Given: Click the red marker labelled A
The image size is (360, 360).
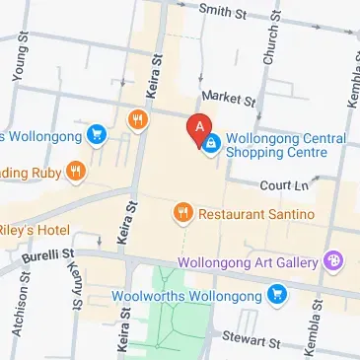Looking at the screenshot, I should point(198,127).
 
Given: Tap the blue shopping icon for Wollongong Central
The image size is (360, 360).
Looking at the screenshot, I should point(212,145).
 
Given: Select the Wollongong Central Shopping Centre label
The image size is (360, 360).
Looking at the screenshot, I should point(286,146).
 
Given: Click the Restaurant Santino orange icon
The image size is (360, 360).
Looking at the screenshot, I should point(181,213).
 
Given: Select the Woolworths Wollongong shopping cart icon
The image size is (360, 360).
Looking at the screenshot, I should point(279,294).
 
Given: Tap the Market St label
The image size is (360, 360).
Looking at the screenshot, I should point(227,99).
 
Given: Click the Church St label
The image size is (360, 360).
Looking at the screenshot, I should point(268,45).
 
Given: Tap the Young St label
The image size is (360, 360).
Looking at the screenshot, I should point(20,62).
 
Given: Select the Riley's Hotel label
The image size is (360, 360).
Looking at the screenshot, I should point(35,231).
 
